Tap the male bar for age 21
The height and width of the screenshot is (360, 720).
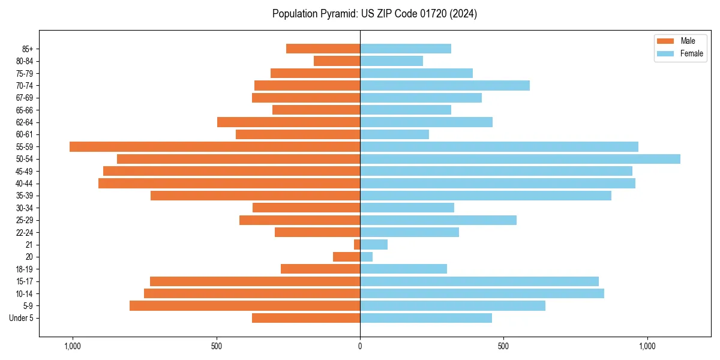(x=357, y=244)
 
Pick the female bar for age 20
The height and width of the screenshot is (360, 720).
(x=367, y=257)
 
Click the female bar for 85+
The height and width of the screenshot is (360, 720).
(x=406, y=49)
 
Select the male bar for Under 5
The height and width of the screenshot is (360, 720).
(x=306, y=318)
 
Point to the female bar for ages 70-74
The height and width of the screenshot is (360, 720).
(x=445, y=85)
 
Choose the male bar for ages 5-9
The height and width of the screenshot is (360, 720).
(x=245, y=305)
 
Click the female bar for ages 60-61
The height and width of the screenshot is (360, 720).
(x=395, y=134)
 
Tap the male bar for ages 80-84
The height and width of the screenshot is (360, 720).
(x=337, y=61)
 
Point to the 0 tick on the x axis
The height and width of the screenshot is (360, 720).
(x=360, y=346)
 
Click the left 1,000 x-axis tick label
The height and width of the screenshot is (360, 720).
(x=73, y=346)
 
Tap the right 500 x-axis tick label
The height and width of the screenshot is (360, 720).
(x=503, y=346)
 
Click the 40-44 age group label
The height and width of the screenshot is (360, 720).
(x=25, y=184)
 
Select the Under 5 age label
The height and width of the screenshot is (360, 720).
(x=21, y=318)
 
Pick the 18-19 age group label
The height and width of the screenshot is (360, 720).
(x=25, y=269)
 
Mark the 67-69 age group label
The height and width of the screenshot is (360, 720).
(x=25, y=98)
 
